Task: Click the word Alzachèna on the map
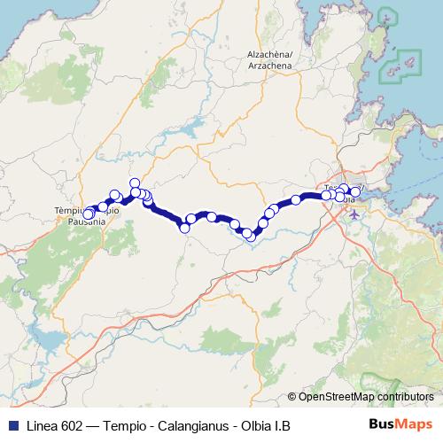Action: pyautogui.click(x=268, y=55)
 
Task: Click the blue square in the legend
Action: pyautogui.click(x=12, y=426)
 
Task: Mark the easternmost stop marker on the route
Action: pyautogui.click(x=356, y=191)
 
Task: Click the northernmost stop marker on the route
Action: pyautogui.click(x=135, y=183)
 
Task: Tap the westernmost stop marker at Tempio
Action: pyautogui.click(x=87, y=214)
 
